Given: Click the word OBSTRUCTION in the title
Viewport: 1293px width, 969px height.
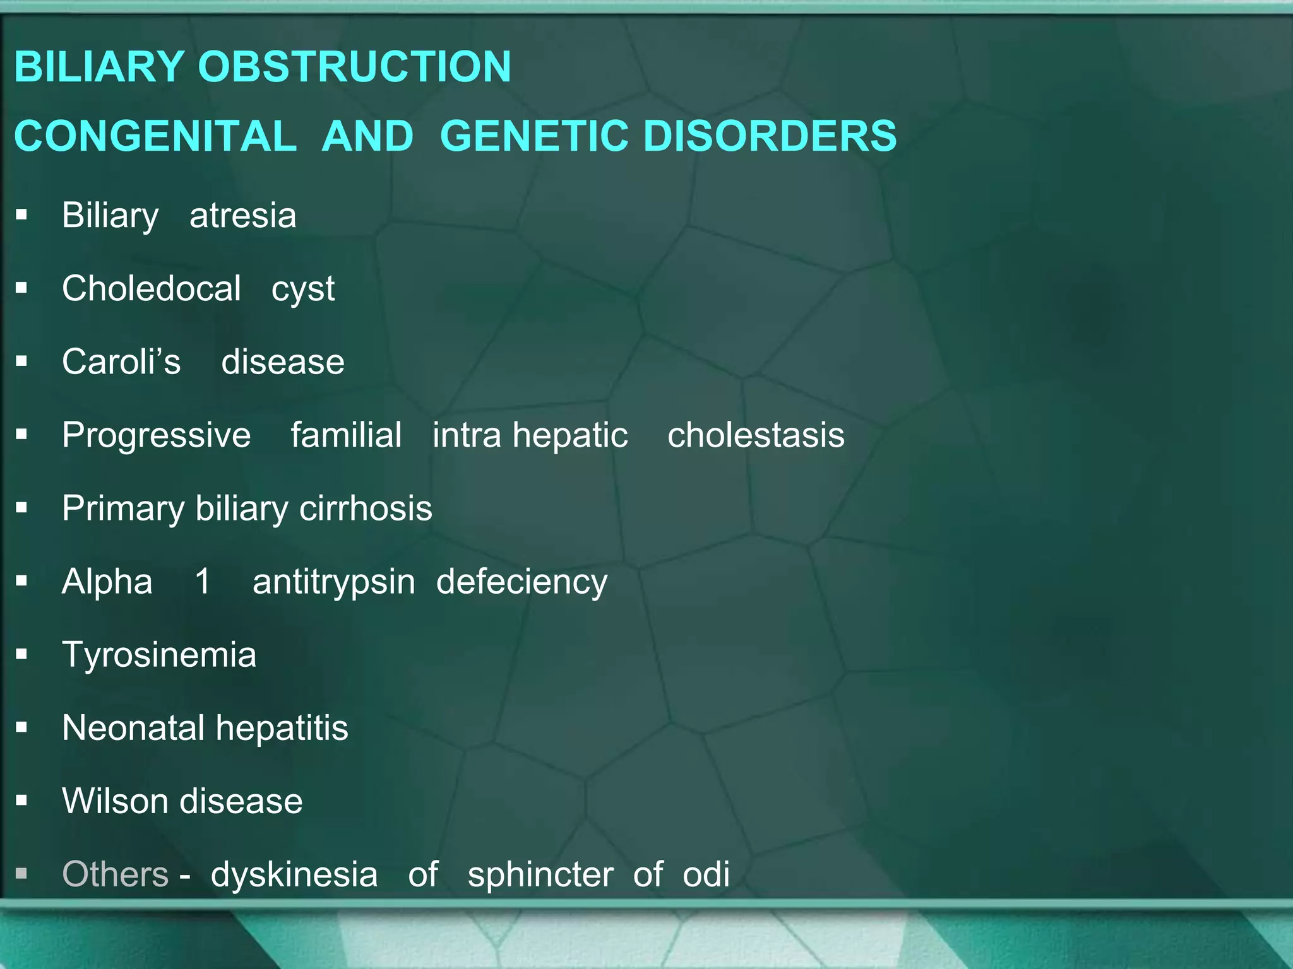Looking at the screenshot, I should coord(354,67).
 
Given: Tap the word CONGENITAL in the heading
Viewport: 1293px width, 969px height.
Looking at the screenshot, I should coord(155,136).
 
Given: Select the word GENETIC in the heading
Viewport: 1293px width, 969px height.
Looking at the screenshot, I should coord(533,136).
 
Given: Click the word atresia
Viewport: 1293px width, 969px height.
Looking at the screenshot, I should coord(242,216).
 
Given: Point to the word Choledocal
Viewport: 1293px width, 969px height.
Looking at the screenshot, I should coord(152,289).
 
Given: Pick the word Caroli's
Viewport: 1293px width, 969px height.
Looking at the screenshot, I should coord(121,362).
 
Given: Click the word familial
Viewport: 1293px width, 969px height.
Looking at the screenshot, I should coord(346,435).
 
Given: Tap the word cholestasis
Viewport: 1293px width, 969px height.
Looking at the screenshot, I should coord(756,435).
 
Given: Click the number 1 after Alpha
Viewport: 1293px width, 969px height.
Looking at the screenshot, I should coord(203,581).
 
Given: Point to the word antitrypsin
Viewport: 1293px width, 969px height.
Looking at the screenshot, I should coord(334,582).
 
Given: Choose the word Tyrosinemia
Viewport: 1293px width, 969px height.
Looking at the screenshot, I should coord(159,655).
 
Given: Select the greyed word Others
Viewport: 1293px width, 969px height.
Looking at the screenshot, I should coord(115,874).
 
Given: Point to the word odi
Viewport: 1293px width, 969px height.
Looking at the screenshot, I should coord(706,874).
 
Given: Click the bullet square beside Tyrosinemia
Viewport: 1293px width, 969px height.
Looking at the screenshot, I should coord(22,654).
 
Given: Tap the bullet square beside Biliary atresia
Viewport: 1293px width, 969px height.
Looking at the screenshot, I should coord(22,215).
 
